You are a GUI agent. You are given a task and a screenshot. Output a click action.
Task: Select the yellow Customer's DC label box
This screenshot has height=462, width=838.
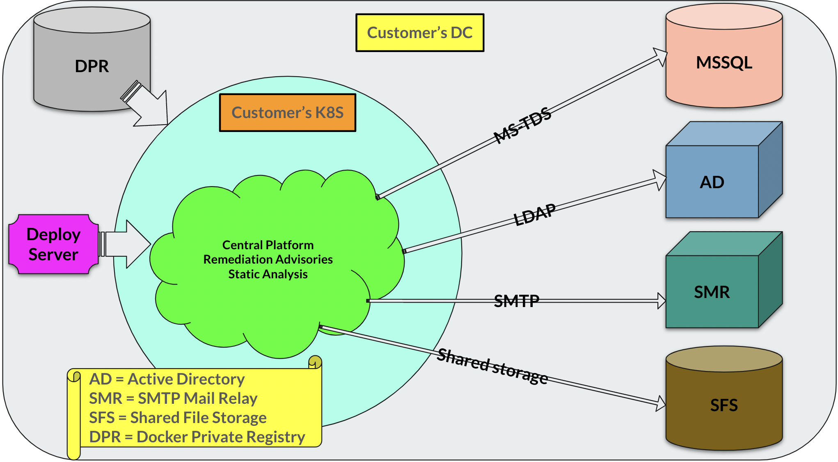point(419,33)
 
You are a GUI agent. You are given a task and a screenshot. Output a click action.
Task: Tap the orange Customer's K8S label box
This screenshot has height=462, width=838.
point(287,113)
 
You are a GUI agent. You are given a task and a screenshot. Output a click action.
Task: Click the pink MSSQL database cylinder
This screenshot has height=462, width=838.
point(724,62)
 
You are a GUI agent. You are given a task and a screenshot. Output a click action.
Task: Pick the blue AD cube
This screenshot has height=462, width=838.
point(712,182)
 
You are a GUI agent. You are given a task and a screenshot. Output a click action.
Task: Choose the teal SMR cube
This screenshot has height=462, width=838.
point(712,292)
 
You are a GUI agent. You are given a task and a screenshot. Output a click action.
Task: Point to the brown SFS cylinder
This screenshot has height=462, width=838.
point(724,405)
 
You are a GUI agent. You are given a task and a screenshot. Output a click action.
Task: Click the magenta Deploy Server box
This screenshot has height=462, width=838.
point(53,244)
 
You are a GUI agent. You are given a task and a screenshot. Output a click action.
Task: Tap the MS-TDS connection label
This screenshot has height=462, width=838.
point(522,125)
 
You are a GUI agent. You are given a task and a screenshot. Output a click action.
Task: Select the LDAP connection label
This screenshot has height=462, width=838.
point(535,214)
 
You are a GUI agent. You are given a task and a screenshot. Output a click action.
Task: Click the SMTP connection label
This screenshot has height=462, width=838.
point(516,301)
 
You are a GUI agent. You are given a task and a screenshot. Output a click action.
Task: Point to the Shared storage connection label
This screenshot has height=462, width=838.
point(492,366)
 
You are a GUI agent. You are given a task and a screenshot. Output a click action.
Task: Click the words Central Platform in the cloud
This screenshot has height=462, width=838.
point(268,245)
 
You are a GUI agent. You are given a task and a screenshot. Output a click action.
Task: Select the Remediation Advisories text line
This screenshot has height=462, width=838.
point(268,259)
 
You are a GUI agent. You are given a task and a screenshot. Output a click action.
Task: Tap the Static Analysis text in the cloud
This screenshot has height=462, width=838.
point(268,274)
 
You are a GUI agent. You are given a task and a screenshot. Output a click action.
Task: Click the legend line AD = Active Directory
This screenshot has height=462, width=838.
point(167,379)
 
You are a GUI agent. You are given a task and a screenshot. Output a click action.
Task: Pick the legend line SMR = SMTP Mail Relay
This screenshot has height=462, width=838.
point(173,398)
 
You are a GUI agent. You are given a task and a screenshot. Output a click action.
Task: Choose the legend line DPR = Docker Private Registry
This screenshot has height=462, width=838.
point(197,437)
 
